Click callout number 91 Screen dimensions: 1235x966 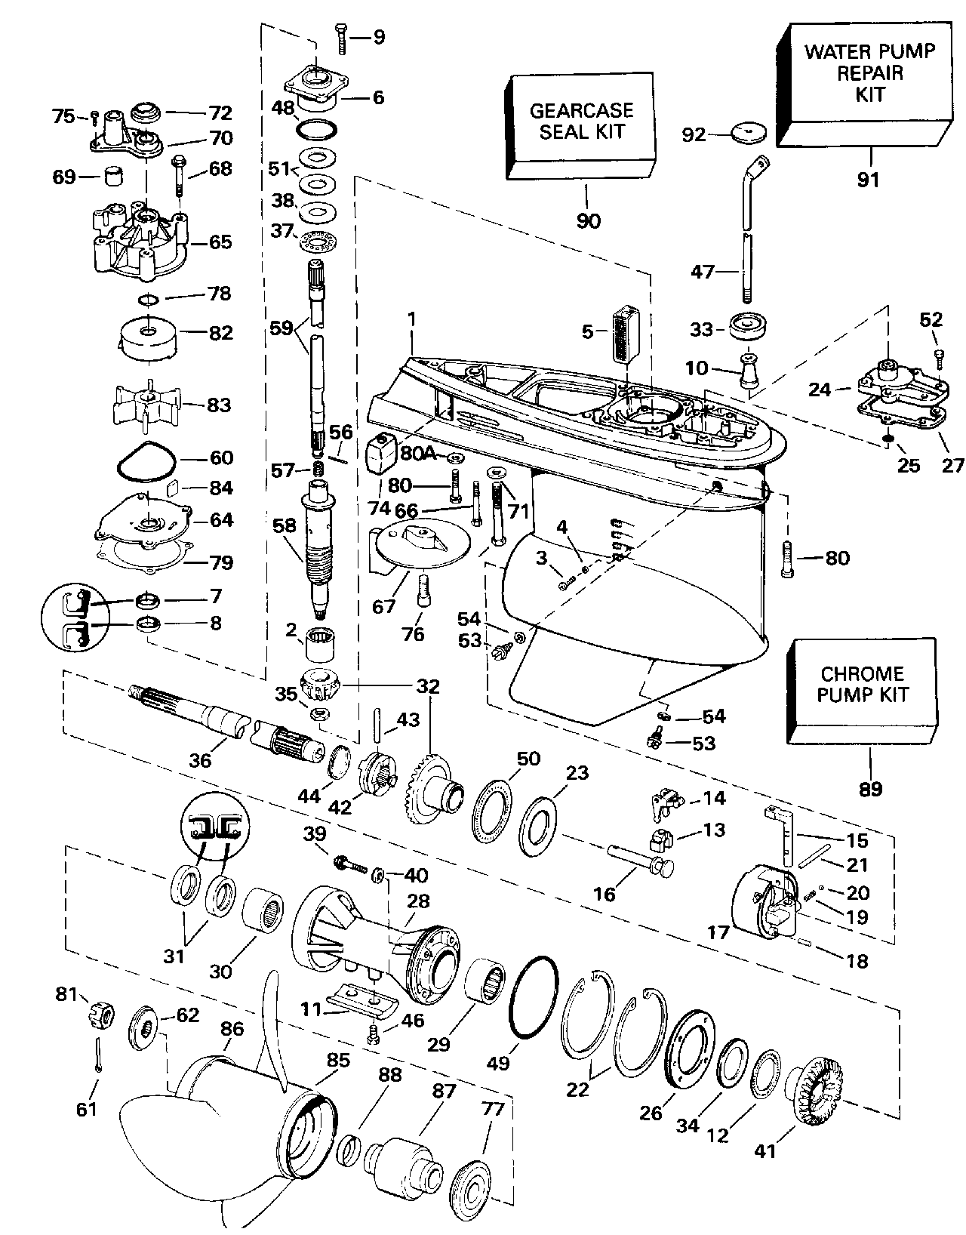point(869,181)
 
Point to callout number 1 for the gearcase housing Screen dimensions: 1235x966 point(412,320)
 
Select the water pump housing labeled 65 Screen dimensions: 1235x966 point(140,242)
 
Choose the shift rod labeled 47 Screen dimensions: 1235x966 point(747,249)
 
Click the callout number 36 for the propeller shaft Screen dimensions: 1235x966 point(201,762)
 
